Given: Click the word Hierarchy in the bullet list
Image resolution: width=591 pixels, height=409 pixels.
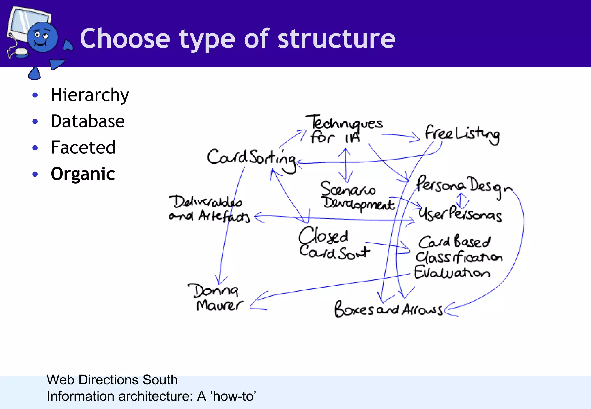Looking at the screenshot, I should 90,95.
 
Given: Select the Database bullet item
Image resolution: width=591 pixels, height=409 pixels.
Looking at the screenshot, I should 88,121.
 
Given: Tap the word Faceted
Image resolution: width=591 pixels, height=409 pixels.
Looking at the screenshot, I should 83,147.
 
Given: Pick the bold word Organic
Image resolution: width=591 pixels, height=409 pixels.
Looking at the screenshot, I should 83,174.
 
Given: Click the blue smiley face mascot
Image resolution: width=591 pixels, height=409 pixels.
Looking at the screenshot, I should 43,37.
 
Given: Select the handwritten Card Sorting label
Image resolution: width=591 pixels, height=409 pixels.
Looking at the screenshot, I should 251,158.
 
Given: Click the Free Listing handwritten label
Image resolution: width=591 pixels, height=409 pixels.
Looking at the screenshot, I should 462,134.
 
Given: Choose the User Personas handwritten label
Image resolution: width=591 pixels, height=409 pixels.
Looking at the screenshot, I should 460,214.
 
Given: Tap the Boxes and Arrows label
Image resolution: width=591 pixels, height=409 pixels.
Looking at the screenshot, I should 388,309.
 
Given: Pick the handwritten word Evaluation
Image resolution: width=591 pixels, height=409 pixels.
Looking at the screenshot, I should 452,273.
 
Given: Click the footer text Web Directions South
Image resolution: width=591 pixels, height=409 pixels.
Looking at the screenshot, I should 112,380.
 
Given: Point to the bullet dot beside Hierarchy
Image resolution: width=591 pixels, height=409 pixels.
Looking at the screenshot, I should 35,95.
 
